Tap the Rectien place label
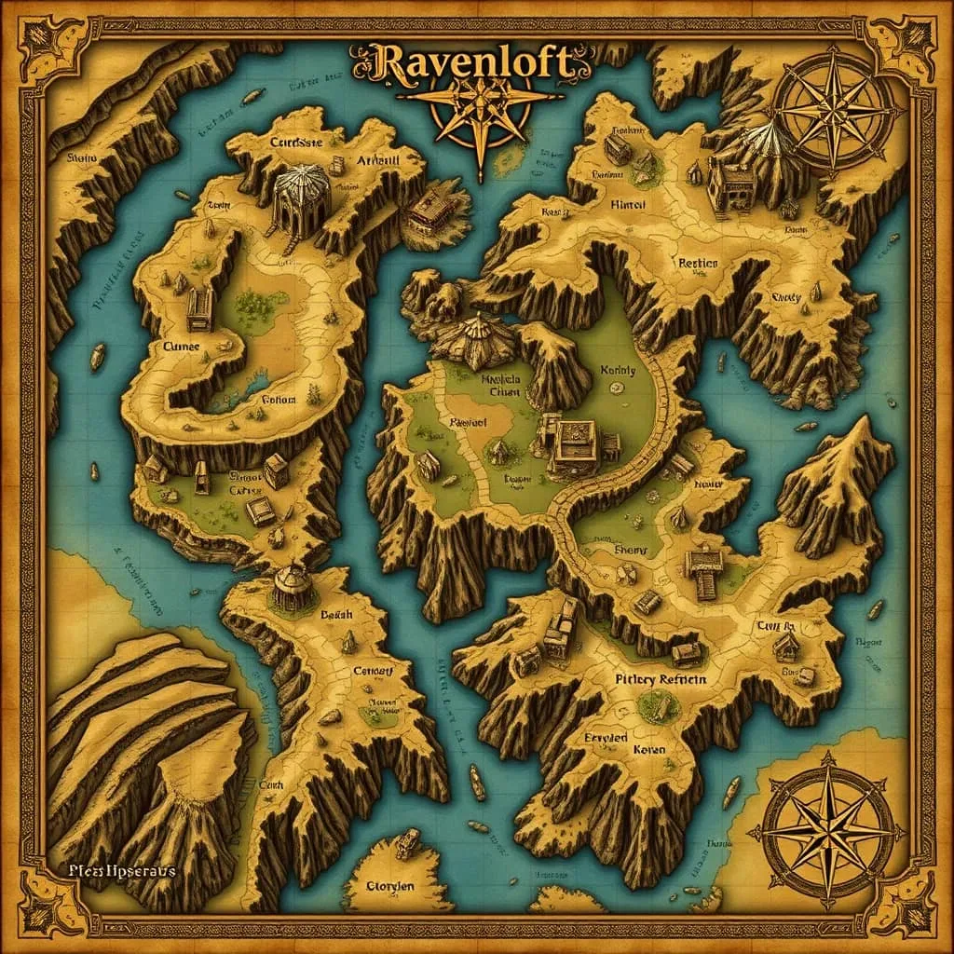pyautogui.click(x=698, y=264)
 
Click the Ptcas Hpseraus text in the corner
pyautogui.click(x=120, y=870)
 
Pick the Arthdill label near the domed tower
pyautogui.click(x=378, y=160)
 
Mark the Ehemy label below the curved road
pyautogui.click(x=631, y=550)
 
